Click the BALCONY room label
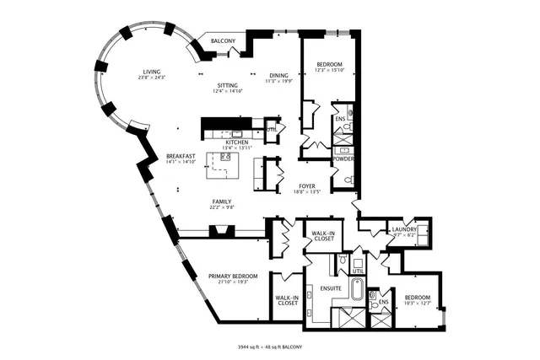(x=223, y=41)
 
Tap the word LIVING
(x=152, y=72)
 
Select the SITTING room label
(x=227, y=85)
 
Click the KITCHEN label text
(x=236, y=143)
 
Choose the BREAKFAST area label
(x=181, y=156)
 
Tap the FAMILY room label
(x=222, y=201)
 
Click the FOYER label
(x=307, y=185)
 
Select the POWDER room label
(x=343, y=159)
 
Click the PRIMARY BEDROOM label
(x=233, y=276)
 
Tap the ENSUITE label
(x=331, y=288)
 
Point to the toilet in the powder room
(x=347, y=179)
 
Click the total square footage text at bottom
(x=270, y=347)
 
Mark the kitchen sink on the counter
(x=237, y=133)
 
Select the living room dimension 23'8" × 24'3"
(x=153, y=78)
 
